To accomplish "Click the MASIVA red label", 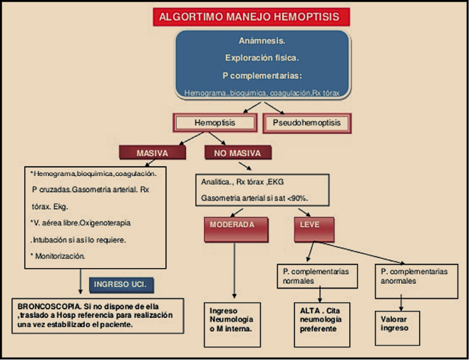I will pyautogui.click(x=151, y=153).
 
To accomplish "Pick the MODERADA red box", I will pyautogui.click(x=232, y=228).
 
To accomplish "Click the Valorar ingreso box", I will pyautogui.click(x=397, y=324).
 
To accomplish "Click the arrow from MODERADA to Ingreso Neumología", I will pyautogui.click(x=234, y=271).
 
